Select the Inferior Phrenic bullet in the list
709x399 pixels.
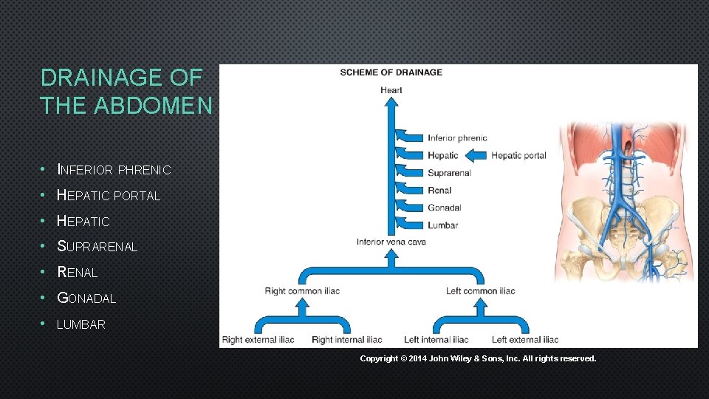click(114, 170)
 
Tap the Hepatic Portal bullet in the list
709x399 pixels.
click(109, 196)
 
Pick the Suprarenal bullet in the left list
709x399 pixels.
click(97, 247)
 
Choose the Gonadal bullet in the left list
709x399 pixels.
click(86, 299)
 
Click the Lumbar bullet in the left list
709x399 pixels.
click(81, 324)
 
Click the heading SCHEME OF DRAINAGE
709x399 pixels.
click(391, 72)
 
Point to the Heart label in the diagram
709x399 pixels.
click(391, 90)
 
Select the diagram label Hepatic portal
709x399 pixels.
click(518, 155)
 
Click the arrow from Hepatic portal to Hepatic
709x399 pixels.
click(477, 155)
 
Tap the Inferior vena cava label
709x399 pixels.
click(391, 242)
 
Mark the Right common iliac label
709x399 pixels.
click(302, 291)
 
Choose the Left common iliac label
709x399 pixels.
click(480, 291)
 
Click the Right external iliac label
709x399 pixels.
click(258, 340)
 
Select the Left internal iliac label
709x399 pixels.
click(436, 340)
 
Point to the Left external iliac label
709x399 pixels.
click(525, 340)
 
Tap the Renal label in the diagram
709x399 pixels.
click(439, 191)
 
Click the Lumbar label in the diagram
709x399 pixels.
click(442, 225)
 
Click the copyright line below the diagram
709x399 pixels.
click(478, 358)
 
